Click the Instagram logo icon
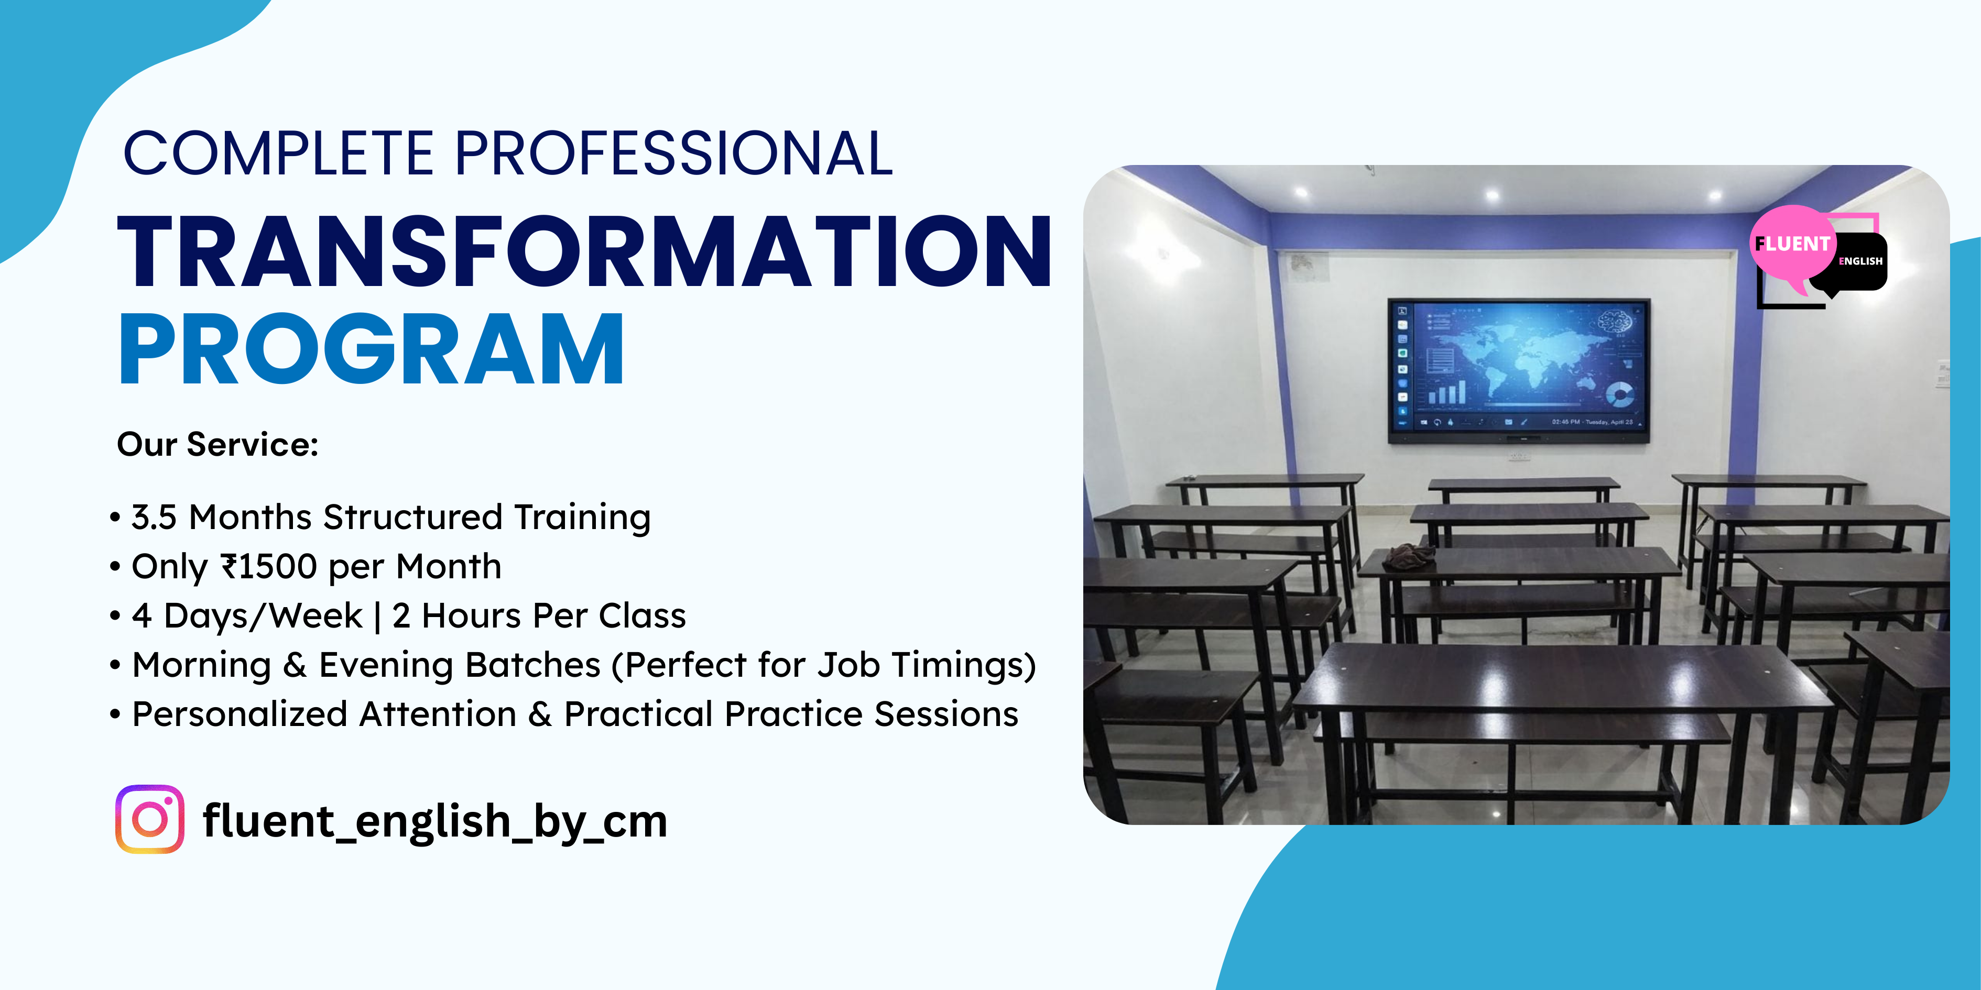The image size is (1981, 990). [150, 819]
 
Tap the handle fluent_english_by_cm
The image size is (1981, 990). [434, 821]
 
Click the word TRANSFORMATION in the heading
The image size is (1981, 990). [584, 251]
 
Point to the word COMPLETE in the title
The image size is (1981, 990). [279, 153]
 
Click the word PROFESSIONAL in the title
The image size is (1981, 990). [673, 153]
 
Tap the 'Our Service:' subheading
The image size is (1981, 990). [217, 444]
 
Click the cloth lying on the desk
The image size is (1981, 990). [1410, 556]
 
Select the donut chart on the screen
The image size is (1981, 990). [1619, 394]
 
